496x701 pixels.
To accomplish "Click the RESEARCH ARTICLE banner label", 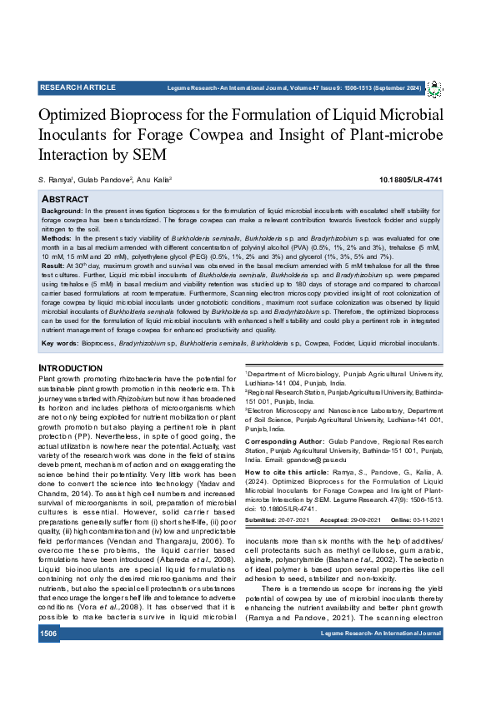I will pos(78,87).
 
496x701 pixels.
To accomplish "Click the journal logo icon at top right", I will pos(434,89).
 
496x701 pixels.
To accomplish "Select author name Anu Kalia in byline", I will pos(155,180).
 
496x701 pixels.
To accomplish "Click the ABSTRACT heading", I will pos(65,200).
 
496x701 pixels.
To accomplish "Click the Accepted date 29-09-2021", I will pos(363,520).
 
